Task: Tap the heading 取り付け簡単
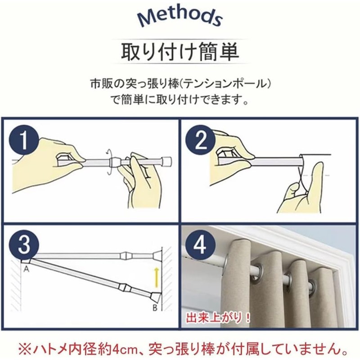coord(180,51)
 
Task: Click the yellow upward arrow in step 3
coord(157,277)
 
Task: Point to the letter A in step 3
coord(27,268)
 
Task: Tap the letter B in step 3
coord(155,308)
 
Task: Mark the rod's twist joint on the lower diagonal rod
coord(125,287)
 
